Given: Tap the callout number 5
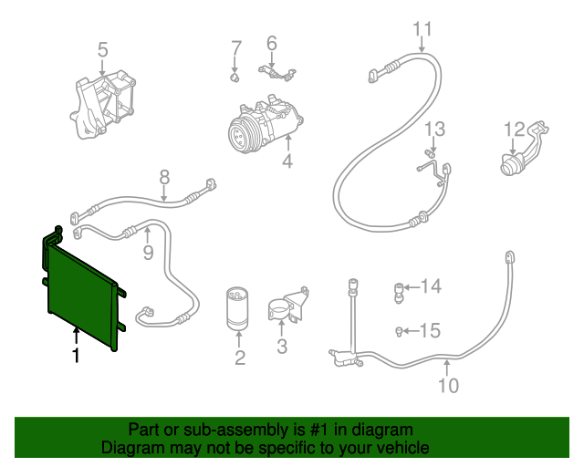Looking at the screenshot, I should (x=102, y=49).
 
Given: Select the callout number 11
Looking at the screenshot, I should (x=421, y=30).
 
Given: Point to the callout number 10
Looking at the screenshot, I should (x=447, y=385).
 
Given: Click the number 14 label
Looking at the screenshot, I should (x=430, y=287).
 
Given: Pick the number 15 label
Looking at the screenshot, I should (x=430, y=329).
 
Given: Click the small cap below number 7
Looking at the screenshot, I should (x=235, y=77).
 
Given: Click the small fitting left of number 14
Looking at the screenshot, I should (x=399, y=290).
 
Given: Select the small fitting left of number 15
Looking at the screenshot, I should (x=400, y=330).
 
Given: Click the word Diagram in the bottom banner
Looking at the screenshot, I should (x=130, y=448).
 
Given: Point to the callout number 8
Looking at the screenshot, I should (x=164, y=177).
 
